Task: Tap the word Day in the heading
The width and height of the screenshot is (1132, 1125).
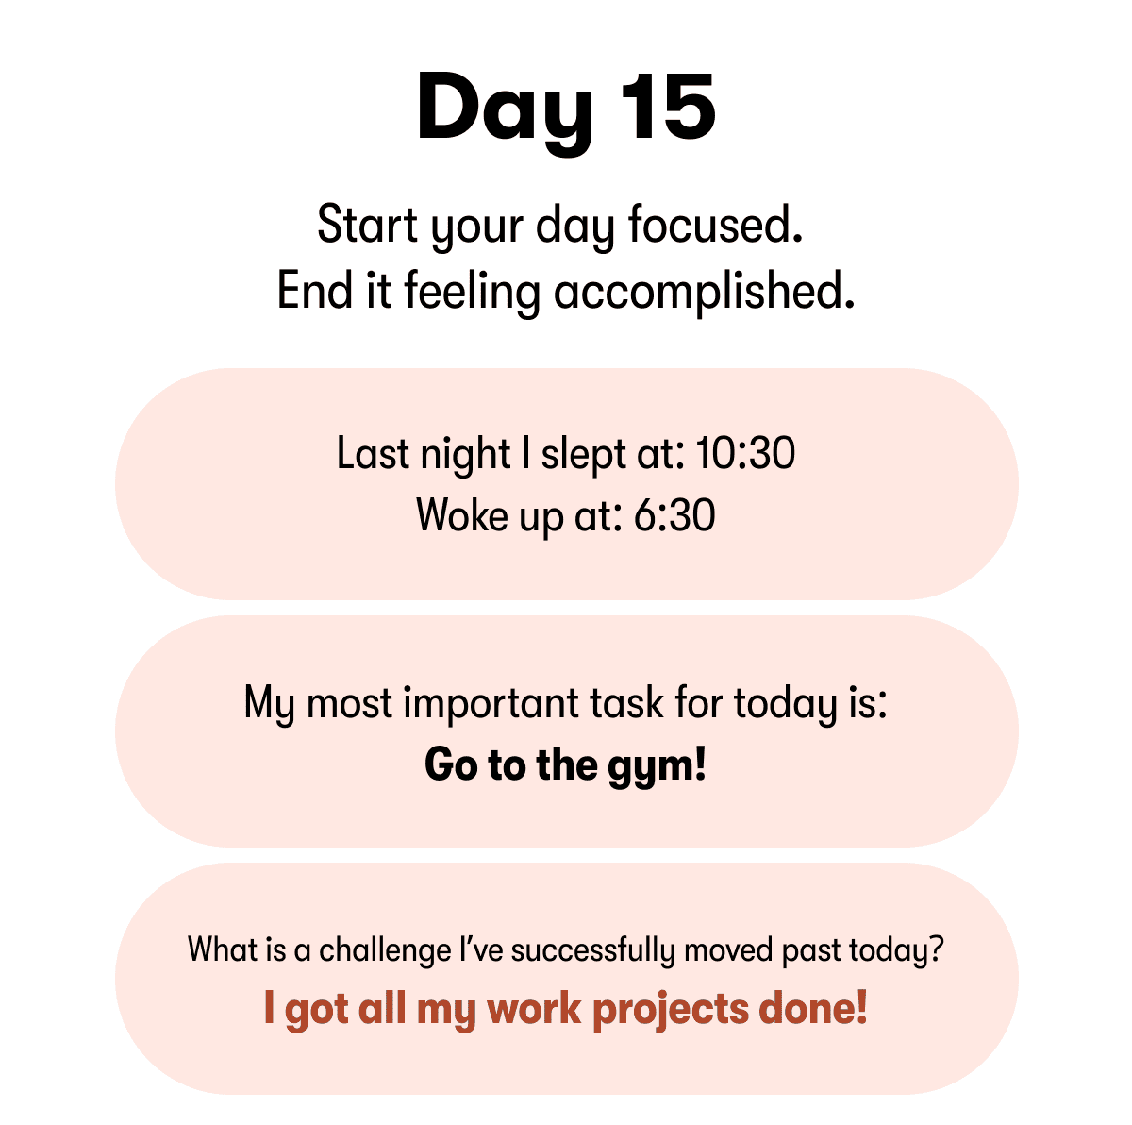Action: [504, 109]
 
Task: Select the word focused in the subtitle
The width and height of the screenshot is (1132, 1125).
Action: [715, 227]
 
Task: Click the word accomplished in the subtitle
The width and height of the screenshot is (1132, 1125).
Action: [704, 291]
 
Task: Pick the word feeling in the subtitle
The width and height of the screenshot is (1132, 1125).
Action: [472, 293]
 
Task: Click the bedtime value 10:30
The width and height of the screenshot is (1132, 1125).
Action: [745, 454]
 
